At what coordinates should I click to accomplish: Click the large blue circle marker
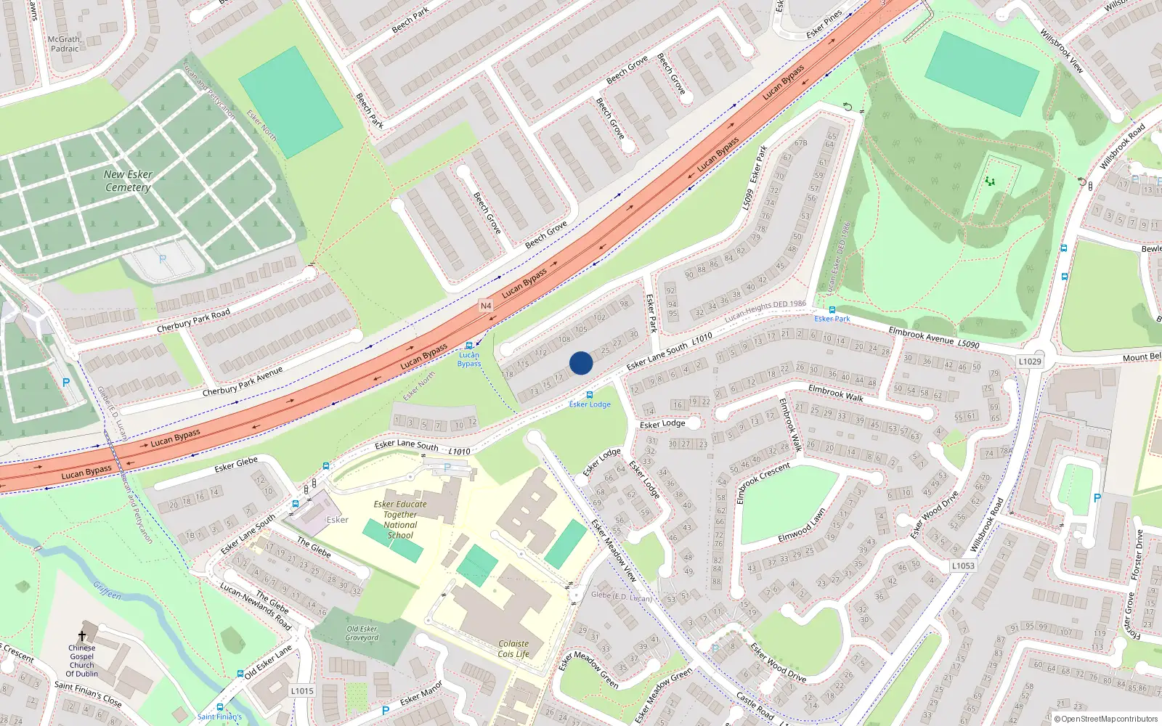(x=581, y=363)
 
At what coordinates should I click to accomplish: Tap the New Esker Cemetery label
(x=128, y=181)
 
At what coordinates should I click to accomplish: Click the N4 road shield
(x=486, y=306)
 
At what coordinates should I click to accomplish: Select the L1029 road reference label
(x=1030, y=362)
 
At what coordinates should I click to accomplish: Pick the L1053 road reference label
(x=963, y=566)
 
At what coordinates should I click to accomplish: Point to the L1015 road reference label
(x=302, y=690)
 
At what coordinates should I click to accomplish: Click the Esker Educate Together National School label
(x=400, y=519)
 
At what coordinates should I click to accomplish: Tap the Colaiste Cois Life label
(x=513, y=649)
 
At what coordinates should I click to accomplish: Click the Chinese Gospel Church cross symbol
(x=82, y=636)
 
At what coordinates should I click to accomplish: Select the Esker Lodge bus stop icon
(x=590, y=395)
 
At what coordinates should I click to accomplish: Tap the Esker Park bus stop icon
(x=832, y=310)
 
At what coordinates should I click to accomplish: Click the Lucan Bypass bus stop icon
(x=469, y=346)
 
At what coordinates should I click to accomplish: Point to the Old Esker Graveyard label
(x=362, y=633)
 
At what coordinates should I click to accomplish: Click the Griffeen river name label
(x=107, y=590)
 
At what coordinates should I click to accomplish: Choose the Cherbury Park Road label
(x=193, y=321)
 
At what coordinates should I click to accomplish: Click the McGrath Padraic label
(x=64, y=44)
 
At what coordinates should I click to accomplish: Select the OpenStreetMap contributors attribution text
(x=1106, y=719)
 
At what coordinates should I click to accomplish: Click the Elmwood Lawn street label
(x=802, y=525)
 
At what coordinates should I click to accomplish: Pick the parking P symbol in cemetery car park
(x=163, y=259)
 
